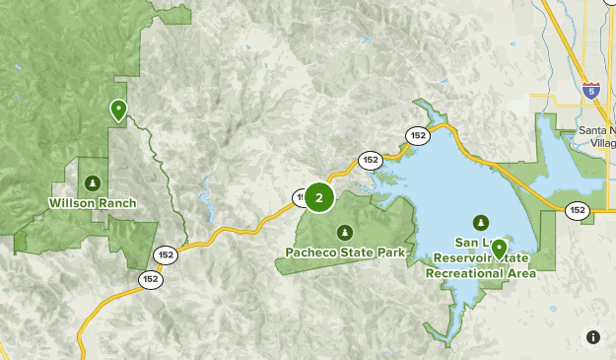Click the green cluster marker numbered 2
318,197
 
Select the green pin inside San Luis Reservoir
499,248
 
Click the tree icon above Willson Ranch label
93,182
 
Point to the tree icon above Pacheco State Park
345,232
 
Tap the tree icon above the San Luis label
481,222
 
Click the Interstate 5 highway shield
590,91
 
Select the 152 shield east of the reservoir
577,209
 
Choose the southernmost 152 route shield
150,279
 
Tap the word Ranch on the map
115,204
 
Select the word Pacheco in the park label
309,252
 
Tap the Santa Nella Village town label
596,136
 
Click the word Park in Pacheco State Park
391,252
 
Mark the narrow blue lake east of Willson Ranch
206,201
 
